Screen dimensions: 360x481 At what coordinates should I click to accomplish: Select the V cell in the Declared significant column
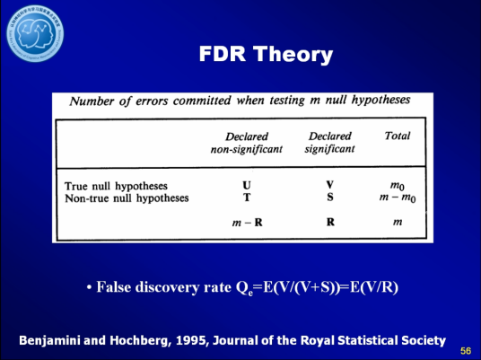point(330,185)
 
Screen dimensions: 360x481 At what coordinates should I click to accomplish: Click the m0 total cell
point(397,186)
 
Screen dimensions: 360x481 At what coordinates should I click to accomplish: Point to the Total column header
point(397,136)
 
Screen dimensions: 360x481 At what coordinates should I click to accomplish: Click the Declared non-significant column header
point(247,142)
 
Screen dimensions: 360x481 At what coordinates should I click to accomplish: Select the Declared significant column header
point(330,142)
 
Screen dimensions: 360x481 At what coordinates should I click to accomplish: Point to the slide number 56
point(466,349)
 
